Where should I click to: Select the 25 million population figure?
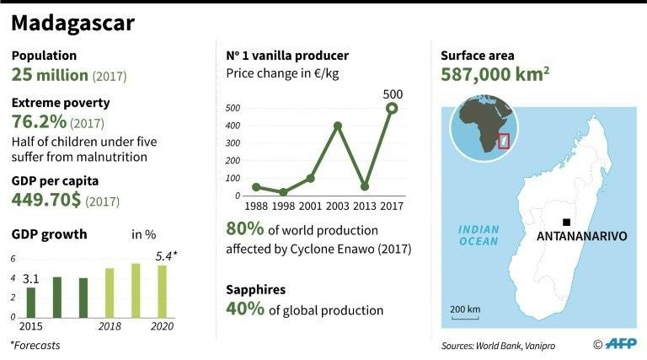50,76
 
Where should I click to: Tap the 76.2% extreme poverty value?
40,122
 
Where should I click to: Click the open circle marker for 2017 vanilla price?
392,108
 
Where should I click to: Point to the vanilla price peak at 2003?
337,126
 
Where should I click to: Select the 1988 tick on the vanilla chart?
255,204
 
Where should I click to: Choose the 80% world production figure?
243,228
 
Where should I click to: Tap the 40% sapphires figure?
243,309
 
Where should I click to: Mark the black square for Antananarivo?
566,222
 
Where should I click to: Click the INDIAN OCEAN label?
478,235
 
